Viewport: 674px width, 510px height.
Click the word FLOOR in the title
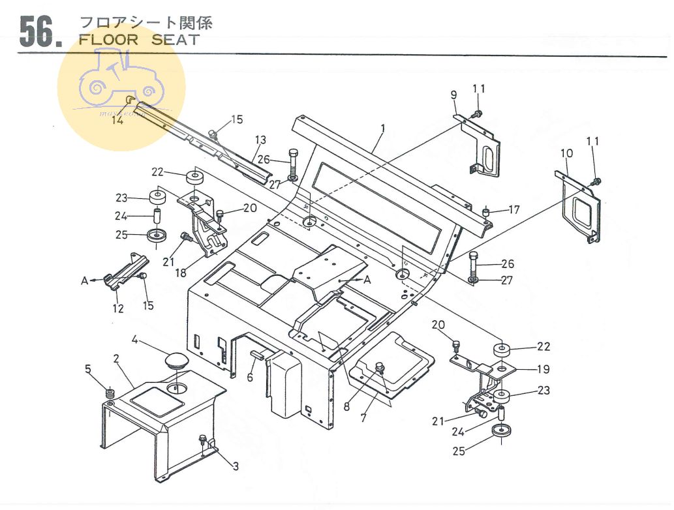point(108,39)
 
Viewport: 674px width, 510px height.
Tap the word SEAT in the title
point(176,39)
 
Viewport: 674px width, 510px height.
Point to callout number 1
point(382,128)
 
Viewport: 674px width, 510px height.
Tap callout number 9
point(453,95)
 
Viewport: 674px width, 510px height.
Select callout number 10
point(566,153)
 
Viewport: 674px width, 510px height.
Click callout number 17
point(514,210)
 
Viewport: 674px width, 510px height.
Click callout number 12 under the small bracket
point(117,308)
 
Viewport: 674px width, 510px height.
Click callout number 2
point(116,358)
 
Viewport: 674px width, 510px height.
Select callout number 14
point(117,119)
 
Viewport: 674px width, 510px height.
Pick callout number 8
point(346,406)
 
